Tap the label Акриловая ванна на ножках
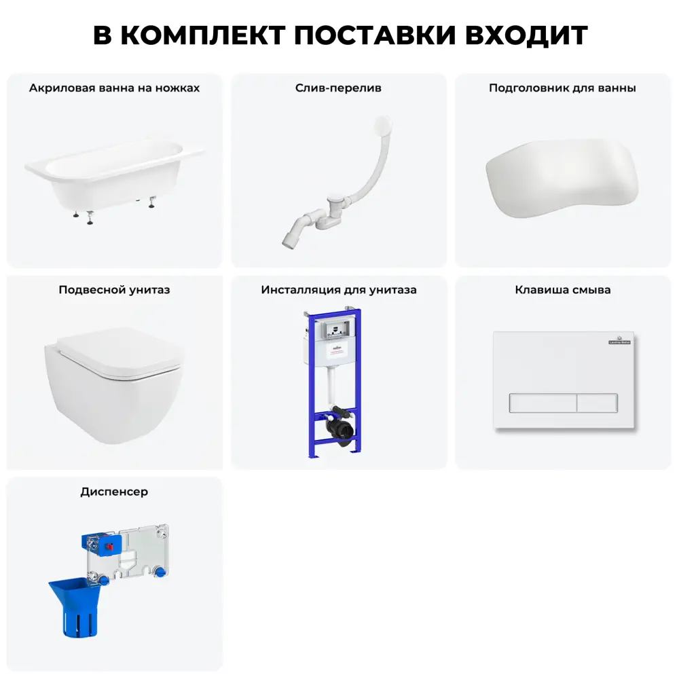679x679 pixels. pyautogui.click(x=114, y=88)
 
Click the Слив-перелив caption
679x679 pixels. pyautogui.click(x=338, y=88)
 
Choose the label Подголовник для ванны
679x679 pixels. pyautogui.click(x=562, y=88)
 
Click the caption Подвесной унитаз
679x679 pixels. pyautogui.click(x=114, y=290)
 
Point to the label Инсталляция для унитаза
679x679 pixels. pyautogui.click(x=339, y=290)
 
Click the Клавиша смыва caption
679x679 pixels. pyautogui.click(x=563, y=290)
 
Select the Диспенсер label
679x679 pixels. pyautogui.click(x=114, y=492)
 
